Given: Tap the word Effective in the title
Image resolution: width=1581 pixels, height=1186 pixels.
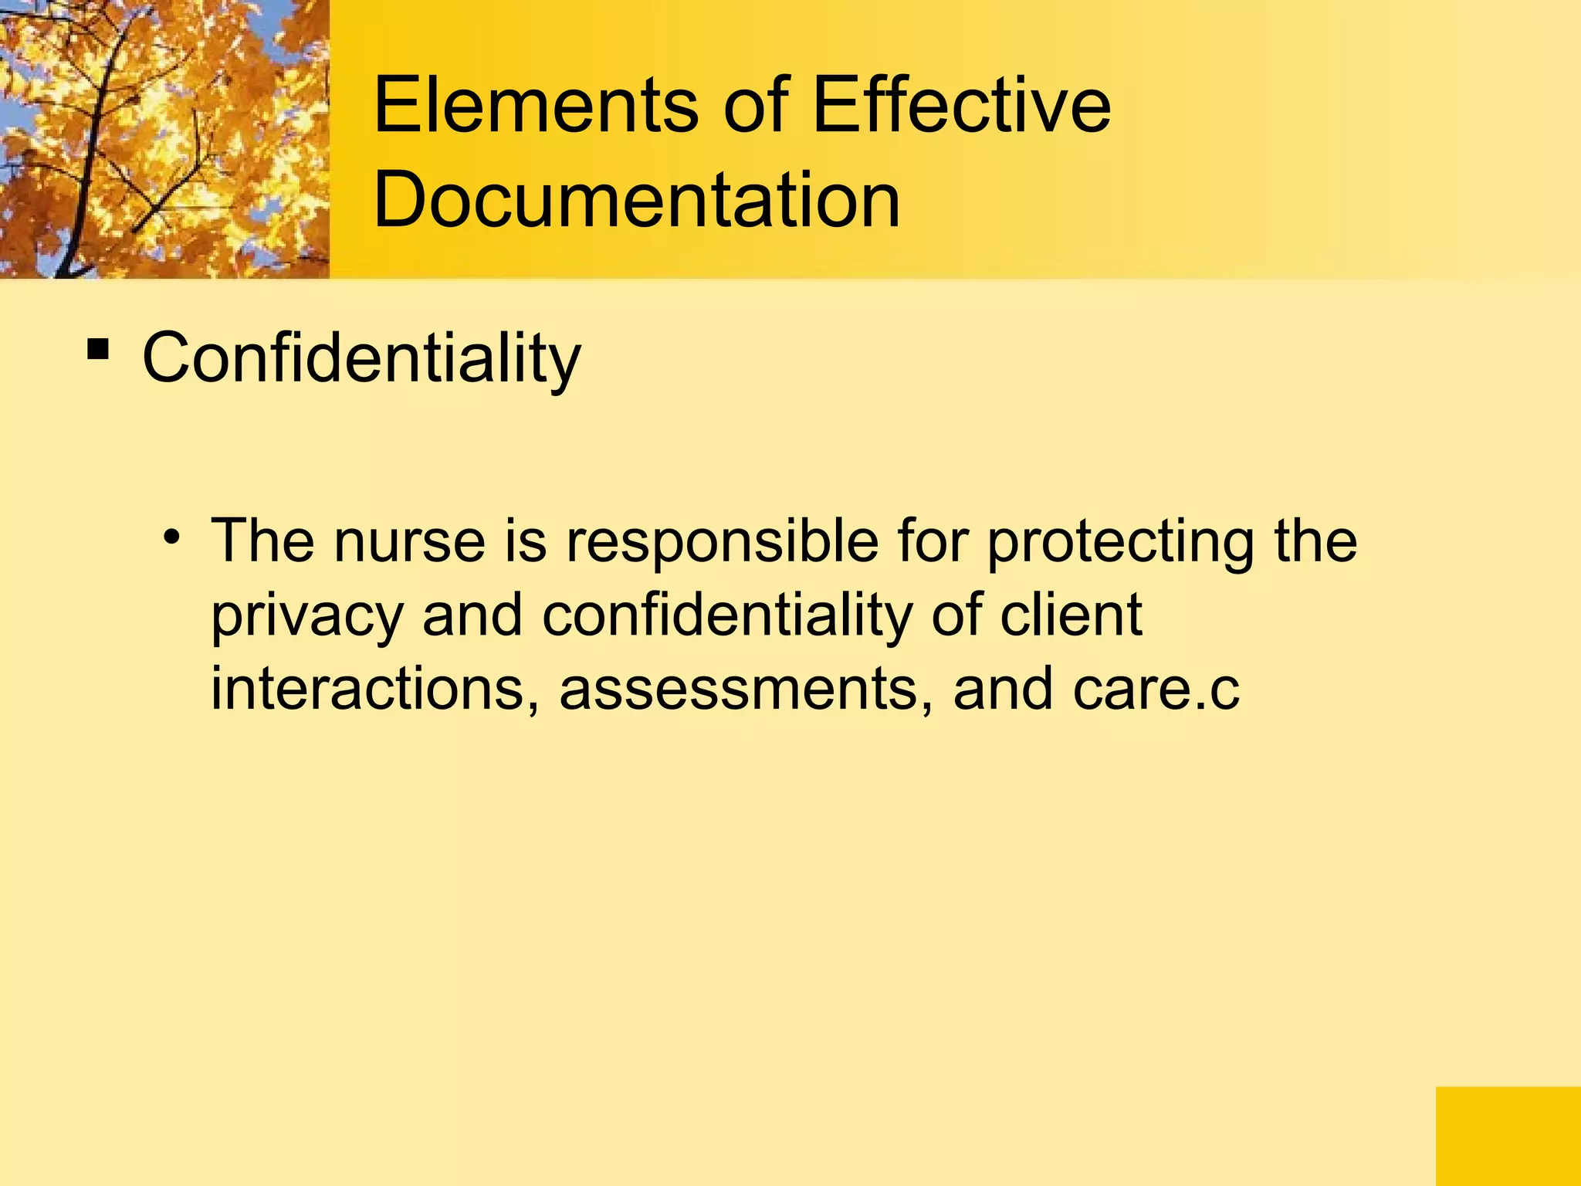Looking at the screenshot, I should click(x=961, y=106).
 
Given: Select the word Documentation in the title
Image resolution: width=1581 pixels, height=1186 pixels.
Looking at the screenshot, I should click(x=636, y=201).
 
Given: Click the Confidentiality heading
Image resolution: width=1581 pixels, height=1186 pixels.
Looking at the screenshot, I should click(x=361, y=358).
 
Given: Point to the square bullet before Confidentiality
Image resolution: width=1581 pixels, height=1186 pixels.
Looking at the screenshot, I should click(x=97, y=350).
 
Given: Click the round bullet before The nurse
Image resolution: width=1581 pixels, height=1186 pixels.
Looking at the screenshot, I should click(x=171, y=536).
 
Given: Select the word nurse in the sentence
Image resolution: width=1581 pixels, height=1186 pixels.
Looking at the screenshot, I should click(x=409, y=541).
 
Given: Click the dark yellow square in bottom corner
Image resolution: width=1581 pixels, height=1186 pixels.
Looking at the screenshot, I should click(x=1508, y=1136).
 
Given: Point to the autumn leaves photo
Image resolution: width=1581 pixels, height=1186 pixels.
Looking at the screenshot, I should click(x=164, y=139).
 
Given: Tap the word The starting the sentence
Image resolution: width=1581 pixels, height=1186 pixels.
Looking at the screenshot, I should click(x=262, y=540).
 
